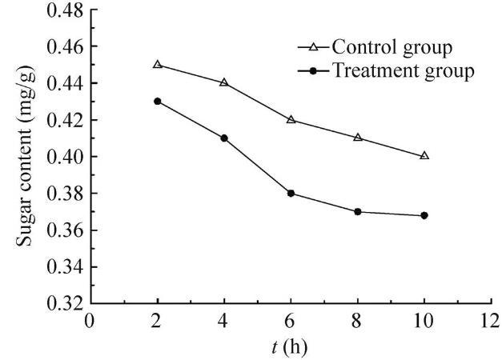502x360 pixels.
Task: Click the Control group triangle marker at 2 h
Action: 158,64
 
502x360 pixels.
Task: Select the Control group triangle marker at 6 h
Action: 291,119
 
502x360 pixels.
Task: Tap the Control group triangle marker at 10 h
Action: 424,155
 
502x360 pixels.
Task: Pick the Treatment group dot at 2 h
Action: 158,101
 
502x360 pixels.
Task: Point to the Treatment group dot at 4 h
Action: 224,138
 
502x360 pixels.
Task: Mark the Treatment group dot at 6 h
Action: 291,193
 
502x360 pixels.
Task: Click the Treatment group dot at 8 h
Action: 358,211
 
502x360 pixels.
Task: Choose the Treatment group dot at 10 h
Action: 424,215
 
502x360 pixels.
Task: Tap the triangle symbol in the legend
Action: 314,46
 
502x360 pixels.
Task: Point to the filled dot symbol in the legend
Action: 314,71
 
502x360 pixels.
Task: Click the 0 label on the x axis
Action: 90,322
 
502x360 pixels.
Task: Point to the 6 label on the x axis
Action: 291,322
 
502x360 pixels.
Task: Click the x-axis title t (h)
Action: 290,347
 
